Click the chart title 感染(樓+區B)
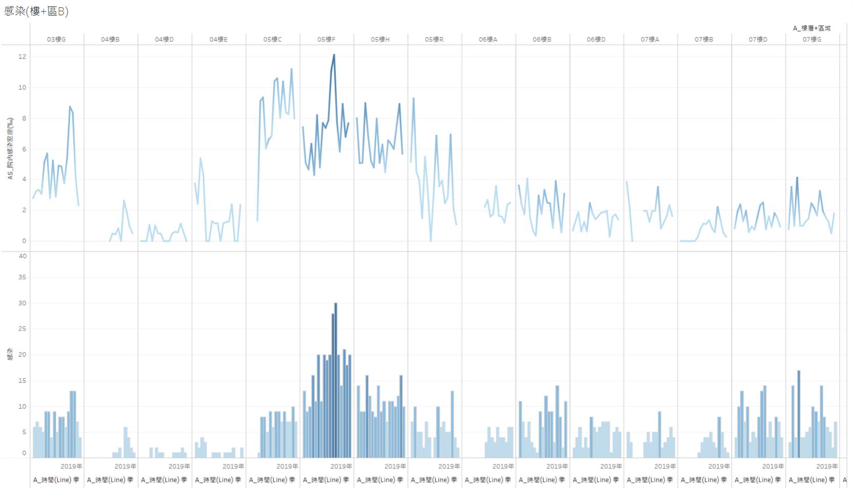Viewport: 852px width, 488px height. pos(36,11)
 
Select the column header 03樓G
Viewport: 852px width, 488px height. pos(56,39)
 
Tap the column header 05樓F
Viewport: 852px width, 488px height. pos(326,39)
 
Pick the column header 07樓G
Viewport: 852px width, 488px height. pos(812,39)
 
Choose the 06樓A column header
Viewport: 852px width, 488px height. pos(488,39)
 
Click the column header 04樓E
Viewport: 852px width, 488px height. pos(218,39)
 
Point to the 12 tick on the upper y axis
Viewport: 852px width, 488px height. pos(22,57)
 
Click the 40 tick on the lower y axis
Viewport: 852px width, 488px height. pos(23,256)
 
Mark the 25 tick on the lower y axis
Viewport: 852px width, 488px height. pos(23,329)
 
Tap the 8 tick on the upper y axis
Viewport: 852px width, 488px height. pos(24,118)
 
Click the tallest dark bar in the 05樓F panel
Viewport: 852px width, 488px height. pos(335,379)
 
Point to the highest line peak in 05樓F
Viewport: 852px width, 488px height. pos(334,55)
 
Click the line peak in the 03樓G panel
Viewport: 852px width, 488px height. pos(70,107)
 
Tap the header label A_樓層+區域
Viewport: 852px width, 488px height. pos(812,28)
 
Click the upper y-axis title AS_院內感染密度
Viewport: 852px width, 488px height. pos(10,148)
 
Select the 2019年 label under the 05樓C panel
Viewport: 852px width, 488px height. pos(287,466)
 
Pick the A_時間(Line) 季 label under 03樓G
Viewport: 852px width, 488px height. pos(56,480)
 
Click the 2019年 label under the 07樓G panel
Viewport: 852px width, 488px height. pos(826,466)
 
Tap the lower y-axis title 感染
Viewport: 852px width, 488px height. pos(10,354)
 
